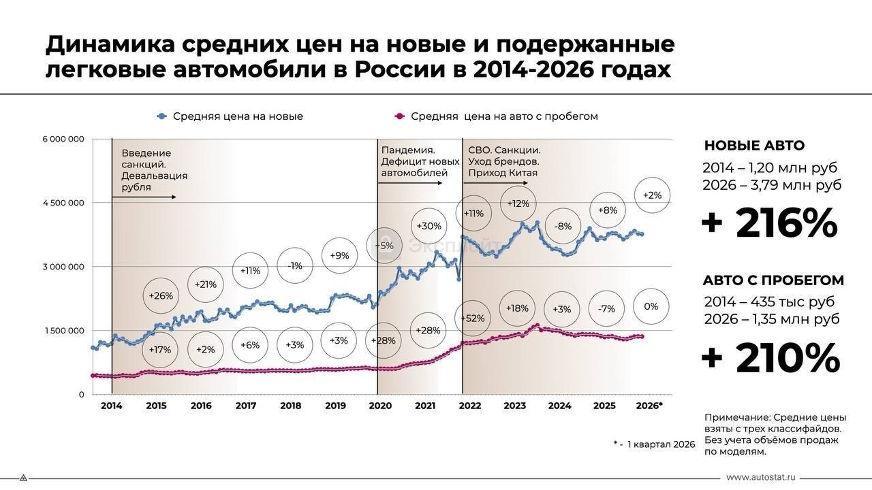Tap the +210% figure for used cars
770,358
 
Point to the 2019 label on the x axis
335,406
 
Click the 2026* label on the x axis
649,406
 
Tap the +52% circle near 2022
473,318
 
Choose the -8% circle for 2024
563,226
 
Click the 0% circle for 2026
651,307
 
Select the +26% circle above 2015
161,296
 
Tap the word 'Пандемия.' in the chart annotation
408,150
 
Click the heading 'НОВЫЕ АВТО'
754,146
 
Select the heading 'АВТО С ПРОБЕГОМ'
773,280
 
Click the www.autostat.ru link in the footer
761,478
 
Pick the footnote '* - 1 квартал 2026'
654,444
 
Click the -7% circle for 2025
606,308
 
